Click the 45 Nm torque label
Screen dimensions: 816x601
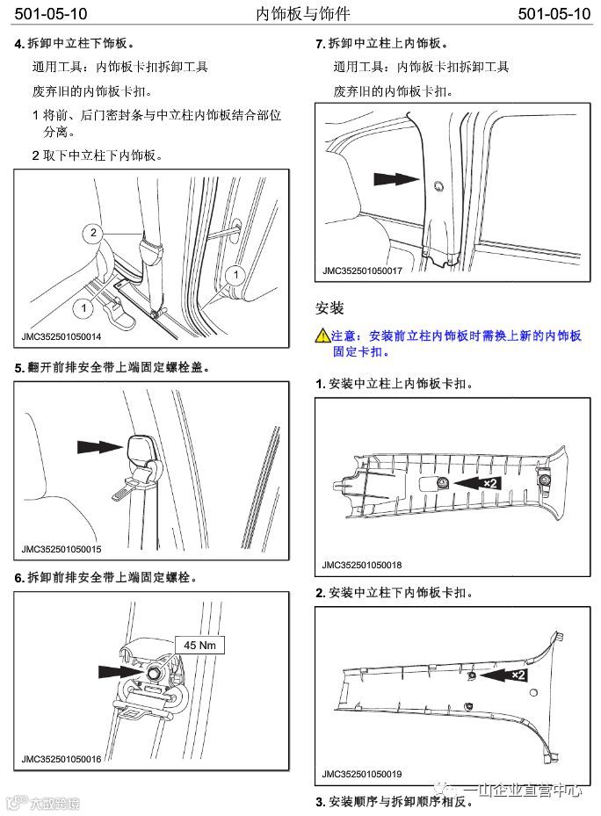click(x=199, y=645)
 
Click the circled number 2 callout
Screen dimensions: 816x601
click(x=92, y=232)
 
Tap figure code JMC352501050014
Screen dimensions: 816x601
click(x=62, y=336)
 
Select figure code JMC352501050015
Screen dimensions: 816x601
click(x=62, y=550)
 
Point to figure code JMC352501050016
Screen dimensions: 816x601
click(x=62, y=759)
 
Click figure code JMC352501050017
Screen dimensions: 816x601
click(x=362, y=271)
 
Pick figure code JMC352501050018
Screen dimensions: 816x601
click(x=362, y=565)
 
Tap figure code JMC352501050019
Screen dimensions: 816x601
click(x=362, y=774)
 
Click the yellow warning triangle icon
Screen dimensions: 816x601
click(x=322, y=336)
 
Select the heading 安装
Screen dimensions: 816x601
click(x=329, y=308)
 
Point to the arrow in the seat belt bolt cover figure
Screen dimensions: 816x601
click(x=97, y=446)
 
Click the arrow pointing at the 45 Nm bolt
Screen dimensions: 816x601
click(x=118, y=670)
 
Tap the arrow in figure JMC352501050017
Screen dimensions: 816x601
click(x=395, y=178)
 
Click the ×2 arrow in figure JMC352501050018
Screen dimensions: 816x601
click(x=479, y=483)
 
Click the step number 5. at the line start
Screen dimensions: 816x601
click(x=19, y=368)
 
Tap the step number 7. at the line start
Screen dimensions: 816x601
click(x=320, y=43)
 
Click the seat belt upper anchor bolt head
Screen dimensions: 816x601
click(x=154, y=672)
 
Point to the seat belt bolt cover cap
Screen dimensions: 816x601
click(x=141, y=450)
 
